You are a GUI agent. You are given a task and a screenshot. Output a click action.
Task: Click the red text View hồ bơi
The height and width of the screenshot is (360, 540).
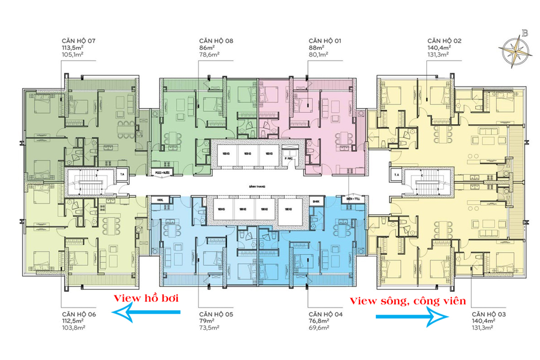[144, 298]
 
